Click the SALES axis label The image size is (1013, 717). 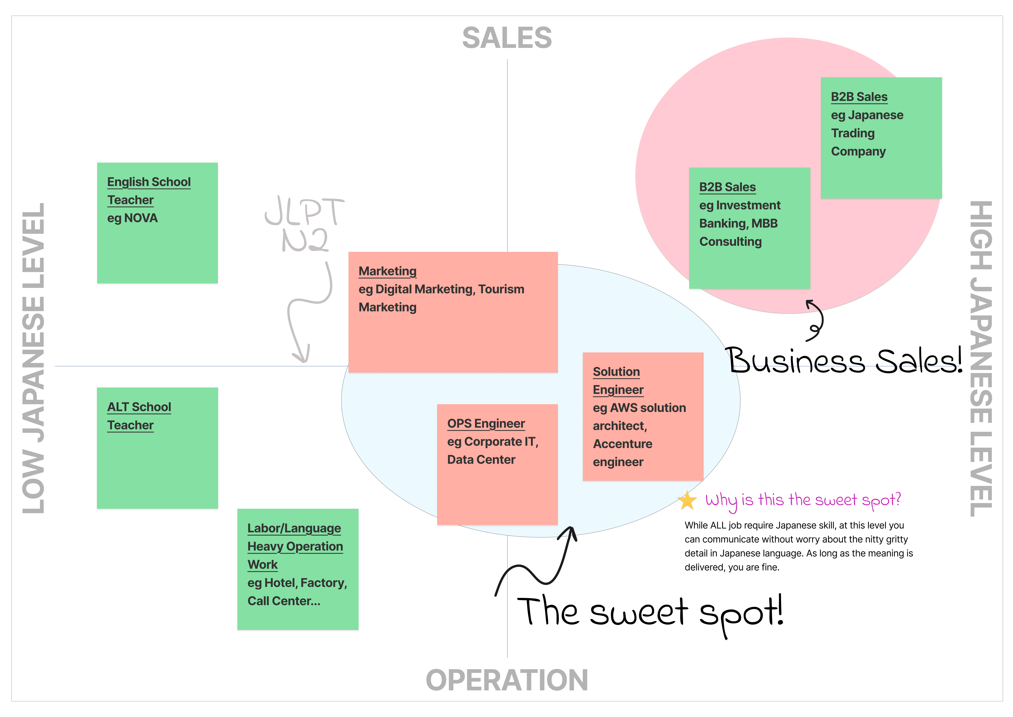point(507,38)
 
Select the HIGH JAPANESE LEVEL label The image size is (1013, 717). point(981,359)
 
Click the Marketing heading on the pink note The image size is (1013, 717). point(387,271)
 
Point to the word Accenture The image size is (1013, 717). point(622,444)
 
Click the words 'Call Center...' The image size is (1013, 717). point(284,601)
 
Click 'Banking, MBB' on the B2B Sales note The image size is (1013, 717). point(738,223)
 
